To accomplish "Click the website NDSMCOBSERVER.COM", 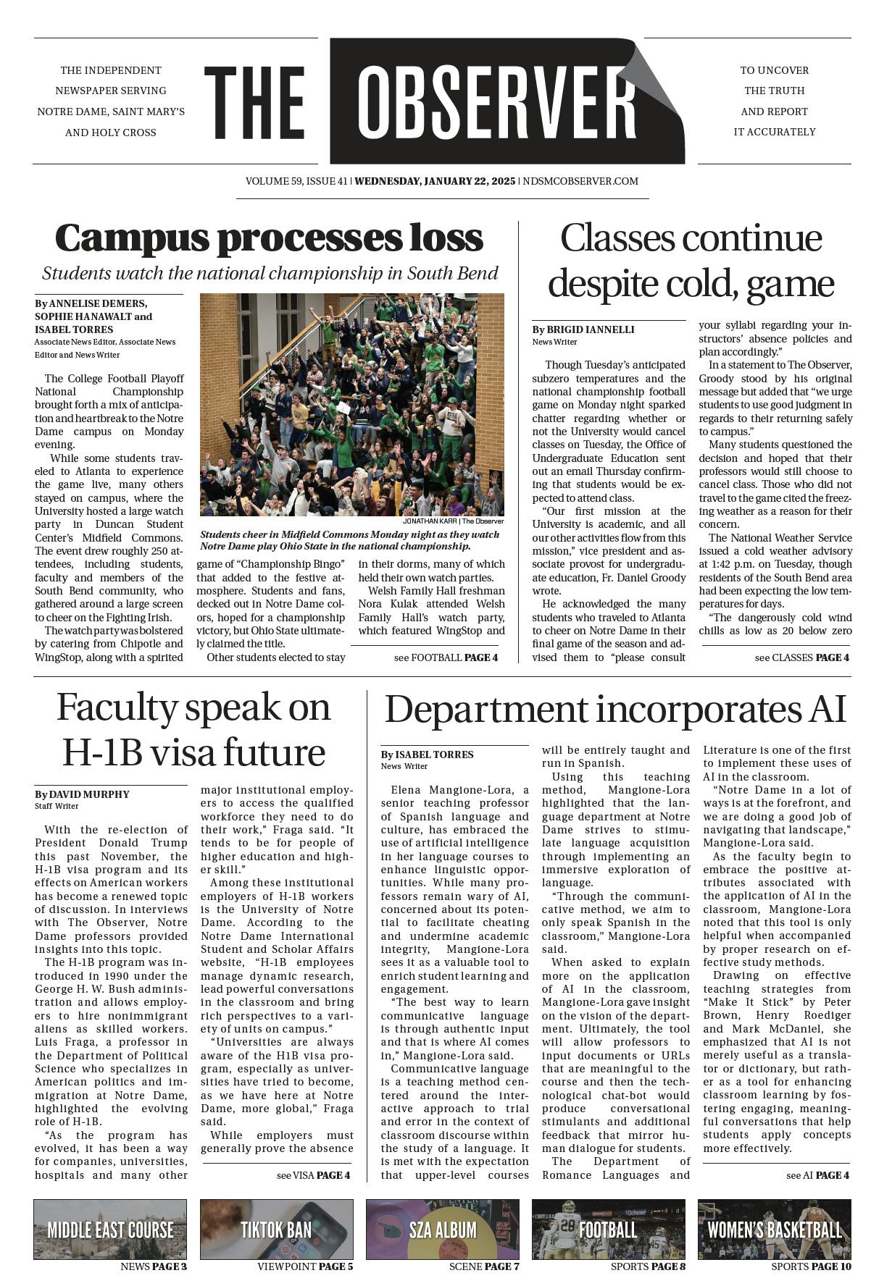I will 580,181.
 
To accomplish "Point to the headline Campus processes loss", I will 269,238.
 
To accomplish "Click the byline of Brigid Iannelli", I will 583,329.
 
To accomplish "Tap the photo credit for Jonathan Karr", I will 453,521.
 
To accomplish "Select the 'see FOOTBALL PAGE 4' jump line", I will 446,657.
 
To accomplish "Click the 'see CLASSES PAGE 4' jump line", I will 801,657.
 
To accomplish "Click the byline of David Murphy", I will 82,794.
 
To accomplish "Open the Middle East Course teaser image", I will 110,1230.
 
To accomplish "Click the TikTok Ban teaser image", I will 276,1230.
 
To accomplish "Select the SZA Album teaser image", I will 442,1230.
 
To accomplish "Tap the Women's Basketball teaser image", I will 774,1230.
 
